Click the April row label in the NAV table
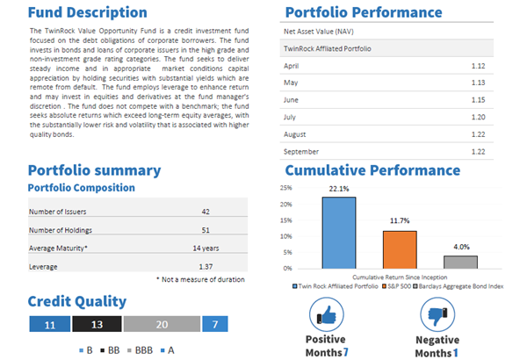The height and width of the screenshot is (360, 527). (293, 66)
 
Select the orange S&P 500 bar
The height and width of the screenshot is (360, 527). (399, 249)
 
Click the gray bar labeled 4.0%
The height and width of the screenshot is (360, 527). (460, 262)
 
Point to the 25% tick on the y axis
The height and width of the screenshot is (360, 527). (286, 188)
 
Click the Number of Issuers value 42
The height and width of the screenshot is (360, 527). (205, 211)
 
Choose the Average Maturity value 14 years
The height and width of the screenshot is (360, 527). (205, 248)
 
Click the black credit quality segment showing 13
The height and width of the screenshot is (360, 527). (97, 325)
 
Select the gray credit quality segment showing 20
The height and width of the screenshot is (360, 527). (162, 325)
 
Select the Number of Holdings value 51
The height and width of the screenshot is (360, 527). (205, 230)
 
